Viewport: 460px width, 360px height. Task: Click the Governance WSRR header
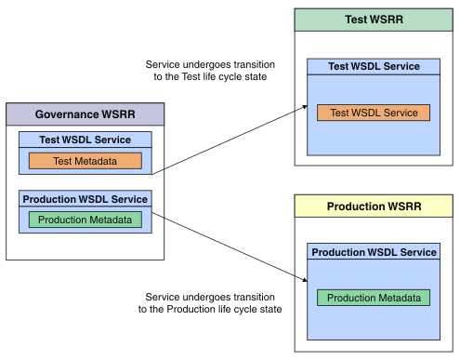[85, 114]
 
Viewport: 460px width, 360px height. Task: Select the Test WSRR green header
[374, 20]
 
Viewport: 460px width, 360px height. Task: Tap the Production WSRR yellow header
[374, 206]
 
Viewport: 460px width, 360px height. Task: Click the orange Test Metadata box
[85, 161]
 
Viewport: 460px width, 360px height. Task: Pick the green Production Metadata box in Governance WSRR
[85, 220]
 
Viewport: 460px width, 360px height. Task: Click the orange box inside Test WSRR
[374, 112]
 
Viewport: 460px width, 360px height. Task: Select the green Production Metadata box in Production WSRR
[374, 298]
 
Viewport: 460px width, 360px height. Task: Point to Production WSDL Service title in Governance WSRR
[85, 199]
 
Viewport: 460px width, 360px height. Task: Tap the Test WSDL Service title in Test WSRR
[374, 67]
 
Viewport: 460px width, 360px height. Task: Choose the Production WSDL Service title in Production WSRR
[374, 252]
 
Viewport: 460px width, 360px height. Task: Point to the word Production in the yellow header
[357, 206]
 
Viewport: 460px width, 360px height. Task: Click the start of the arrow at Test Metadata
[152, 172]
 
